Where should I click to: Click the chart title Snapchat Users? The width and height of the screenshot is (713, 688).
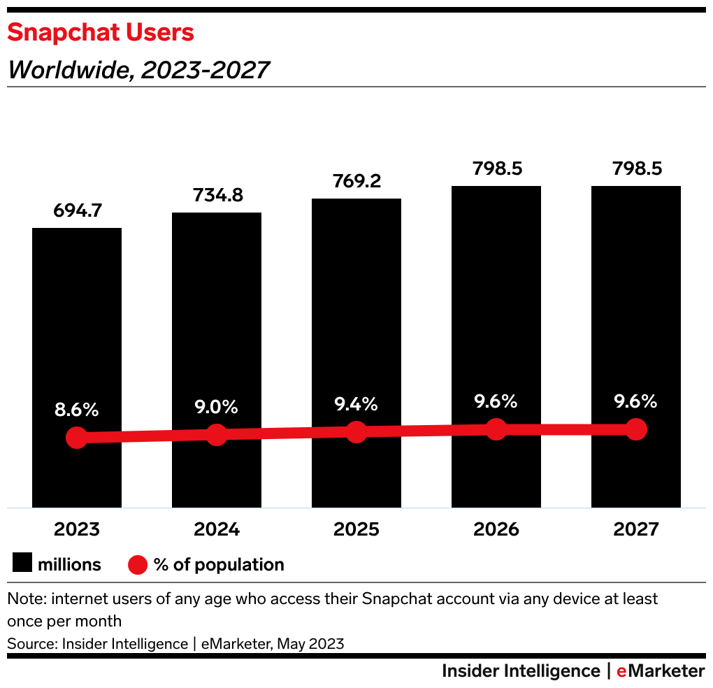click(x=101, y=33)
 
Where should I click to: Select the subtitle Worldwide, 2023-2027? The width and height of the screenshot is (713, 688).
click(x=138, y=70)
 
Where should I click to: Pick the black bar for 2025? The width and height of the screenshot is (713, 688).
click(x=356, y=315)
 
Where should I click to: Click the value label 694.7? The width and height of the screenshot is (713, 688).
click(x=77, y=210)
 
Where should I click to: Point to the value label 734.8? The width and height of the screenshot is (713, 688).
click(x=217, y=195)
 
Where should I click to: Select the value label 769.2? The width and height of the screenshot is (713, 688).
click(x=356, y=181)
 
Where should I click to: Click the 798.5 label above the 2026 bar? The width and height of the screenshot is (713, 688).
click(x=496, y=169)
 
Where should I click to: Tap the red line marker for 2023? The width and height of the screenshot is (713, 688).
click(x=77, y=438)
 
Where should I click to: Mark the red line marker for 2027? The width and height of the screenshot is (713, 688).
click(x=635, y=429)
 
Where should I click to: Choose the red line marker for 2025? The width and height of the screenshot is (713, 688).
click(x=356, y=432)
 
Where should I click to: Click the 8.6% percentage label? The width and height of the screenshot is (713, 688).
click(x=77, y=410)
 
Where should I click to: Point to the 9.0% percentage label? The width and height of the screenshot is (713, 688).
click(x=217, y=406)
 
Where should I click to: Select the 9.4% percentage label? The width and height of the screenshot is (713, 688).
click(x=356, y=403)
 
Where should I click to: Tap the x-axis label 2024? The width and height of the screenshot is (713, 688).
click(x=217, y=529)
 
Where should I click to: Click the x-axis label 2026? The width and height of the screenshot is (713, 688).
click(x=496, y=529)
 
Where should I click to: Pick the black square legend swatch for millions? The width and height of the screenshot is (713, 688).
click(x=22, y=564)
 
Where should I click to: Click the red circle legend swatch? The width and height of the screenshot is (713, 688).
click(x=138, y=564)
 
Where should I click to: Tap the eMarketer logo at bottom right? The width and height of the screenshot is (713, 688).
click(x=661, y=671)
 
